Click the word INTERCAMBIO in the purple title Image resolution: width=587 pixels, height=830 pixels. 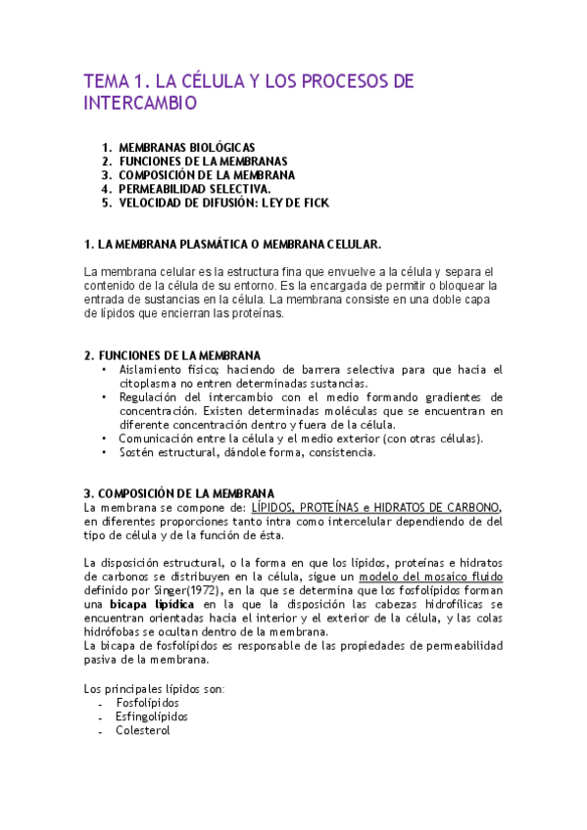pos(140,103)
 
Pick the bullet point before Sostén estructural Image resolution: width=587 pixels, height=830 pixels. pos(104,453)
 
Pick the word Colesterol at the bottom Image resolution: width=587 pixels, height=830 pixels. pos(143,730)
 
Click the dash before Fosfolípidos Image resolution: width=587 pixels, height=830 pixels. pos(101,703)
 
